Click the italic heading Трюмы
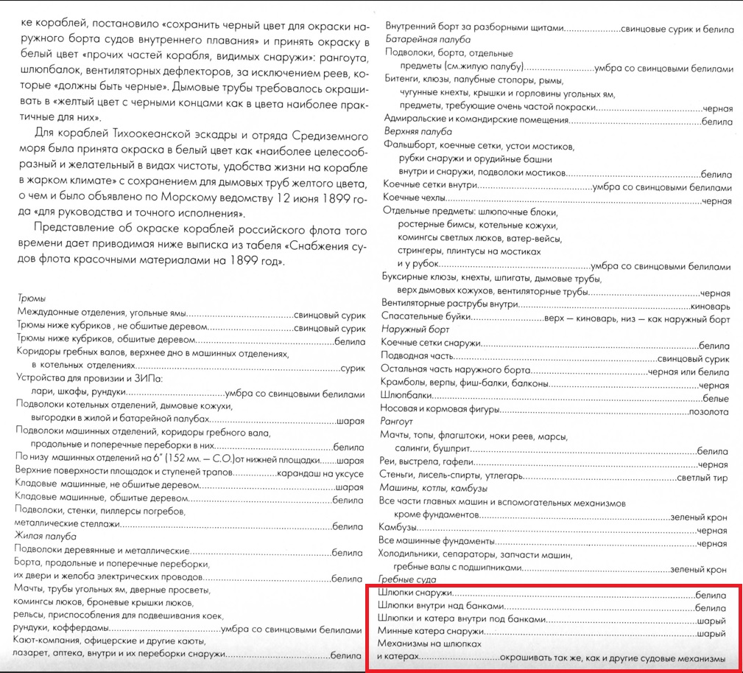[x=30, y=299]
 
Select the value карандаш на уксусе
[x=320, y=473]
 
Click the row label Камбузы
[x=398, y=529]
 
